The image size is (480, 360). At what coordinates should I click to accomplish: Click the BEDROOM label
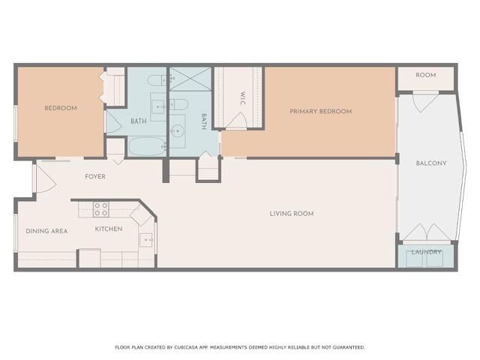[61, 108]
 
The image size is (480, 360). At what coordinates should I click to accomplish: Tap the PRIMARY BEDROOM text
[320, 111]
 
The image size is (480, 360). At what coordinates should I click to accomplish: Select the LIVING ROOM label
[291, 214]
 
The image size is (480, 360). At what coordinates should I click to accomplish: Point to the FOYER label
[94, 177]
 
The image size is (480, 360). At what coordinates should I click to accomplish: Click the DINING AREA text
[46, 231]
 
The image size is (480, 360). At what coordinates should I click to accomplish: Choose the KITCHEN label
[109, 228]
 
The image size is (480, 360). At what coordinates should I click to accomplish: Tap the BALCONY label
[431, 163]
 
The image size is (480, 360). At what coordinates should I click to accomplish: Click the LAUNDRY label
[426, 252]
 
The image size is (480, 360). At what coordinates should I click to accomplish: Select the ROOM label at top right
[426, 75]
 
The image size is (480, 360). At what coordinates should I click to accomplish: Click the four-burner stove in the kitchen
[101, 208]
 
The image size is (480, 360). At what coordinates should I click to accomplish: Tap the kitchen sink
[148, 241]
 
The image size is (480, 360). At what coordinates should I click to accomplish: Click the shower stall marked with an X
[190, 79]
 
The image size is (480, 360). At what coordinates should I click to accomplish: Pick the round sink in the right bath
[177, 132]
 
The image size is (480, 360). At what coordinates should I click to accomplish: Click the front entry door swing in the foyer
[42, 178]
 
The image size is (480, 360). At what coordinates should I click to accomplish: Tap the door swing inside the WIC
[237, 120]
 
